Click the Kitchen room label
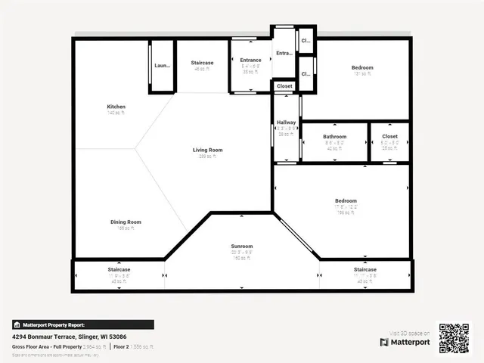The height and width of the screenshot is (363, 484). click(116, 107)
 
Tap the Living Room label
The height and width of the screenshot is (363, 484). click(207, 150)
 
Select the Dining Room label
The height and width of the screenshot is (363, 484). click(126, 222)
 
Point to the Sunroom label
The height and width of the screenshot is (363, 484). click(241, 247)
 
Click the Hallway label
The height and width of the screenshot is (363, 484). click(286, 123)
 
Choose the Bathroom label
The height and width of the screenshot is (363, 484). click(334, 137)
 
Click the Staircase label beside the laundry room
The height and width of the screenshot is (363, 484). click(202, 63)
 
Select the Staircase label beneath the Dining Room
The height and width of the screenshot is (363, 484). click(119, 269)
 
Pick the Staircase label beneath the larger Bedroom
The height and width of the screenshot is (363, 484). click(365, 269)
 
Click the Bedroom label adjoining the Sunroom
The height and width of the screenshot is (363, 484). click(346, 201)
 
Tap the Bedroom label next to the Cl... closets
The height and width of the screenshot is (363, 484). click(362, 68)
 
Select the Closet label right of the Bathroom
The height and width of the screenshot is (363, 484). click(389, 137)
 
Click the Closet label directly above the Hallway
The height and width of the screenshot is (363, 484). click(284, 86)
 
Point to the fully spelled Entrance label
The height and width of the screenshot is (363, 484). click(250, 60)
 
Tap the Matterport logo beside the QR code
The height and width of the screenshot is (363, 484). click(405, 342)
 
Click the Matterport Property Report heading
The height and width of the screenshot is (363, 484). click(84, 324)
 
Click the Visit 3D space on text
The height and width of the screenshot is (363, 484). click(410, 333)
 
